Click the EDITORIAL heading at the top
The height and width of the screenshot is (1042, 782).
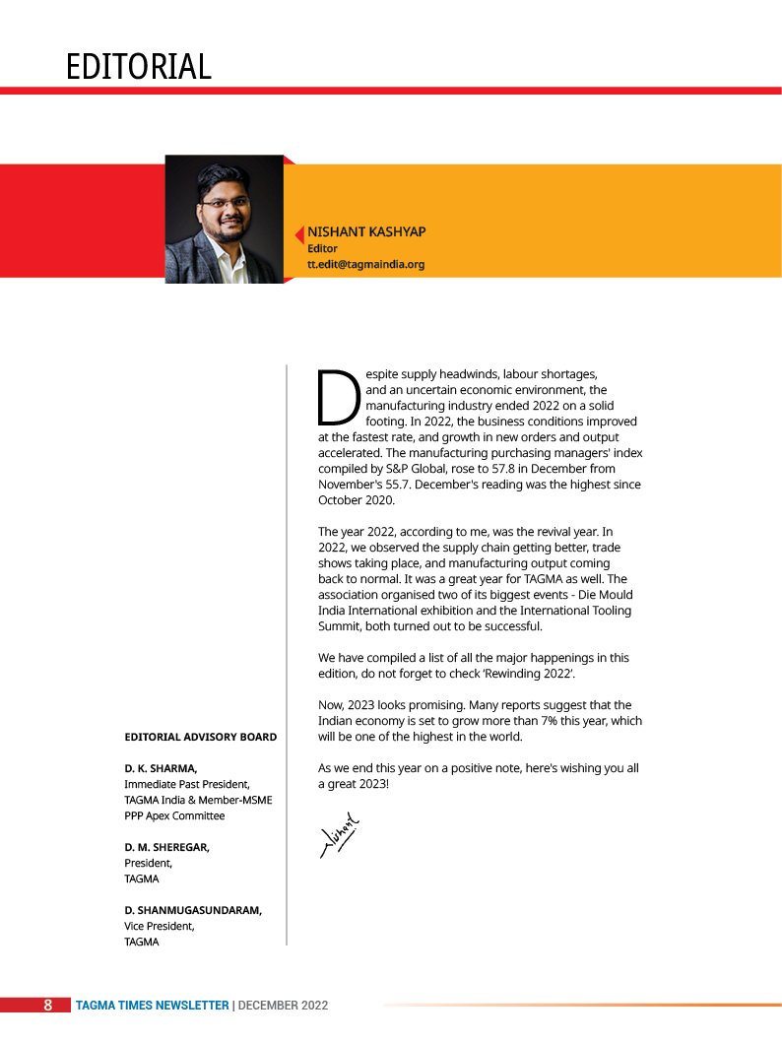click(138, 67)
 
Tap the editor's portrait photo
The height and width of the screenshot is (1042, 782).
click(224, 219)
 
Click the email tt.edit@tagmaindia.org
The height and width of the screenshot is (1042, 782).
click(365, 265)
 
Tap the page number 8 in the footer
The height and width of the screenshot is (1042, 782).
click(47, 1006)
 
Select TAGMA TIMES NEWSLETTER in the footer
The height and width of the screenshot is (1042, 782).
click(153, 1006)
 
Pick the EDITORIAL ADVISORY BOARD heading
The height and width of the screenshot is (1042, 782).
click(200, 737)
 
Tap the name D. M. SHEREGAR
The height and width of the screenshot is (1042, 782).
click(166, 847)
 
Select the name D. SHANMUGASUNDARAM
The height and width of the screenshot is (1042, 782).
click(193, 910)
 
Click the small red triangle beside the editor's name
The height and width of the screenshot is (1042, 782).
click(298, 234)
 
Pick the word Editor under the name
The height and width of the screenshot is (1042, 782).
click(323, 249)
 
